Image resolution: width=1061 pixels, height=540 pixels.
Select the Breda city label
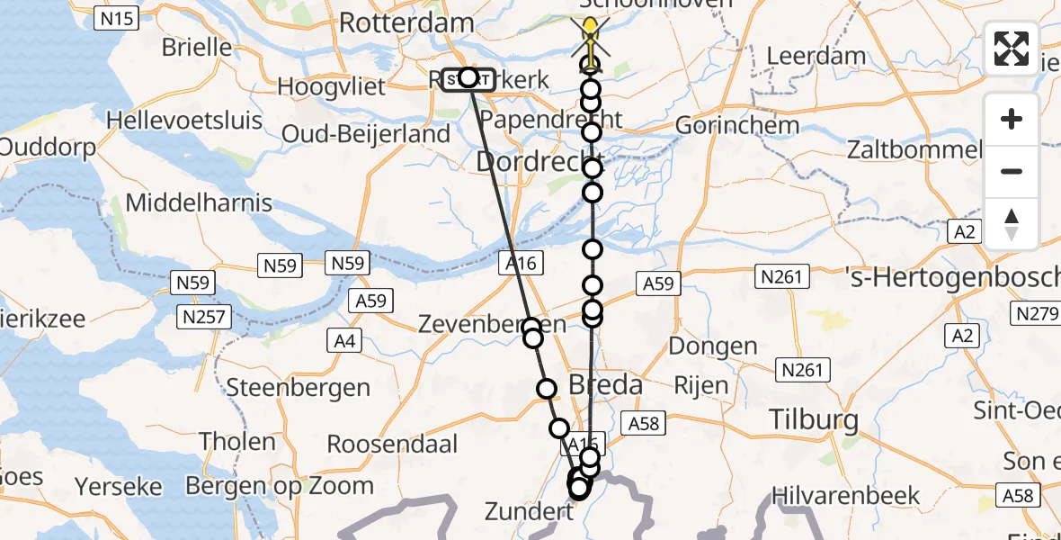click(x=605, y=385)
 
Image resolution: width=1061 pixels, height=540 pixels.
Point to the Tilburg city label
click(x=814, y=418)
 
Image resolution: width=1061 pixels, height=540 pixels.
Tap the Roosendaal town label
click(x=392, y=444)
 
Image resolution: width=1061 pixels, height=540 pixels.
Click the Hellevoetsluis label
click(x=184, y=120)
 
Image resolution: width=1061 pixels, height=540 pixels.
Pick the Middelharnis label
click(x=199, y=202)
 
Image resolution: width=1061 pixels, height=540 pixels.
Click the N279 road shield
click(x=1036, y=313)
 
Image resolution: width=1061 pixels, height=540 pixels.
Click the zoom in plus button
click(x=1012, y=119)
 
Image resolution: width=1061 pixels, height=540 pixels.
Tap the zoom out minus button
click(x=1012, y=171)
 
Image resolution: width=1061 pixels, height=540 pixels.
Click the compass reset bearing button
click(x=1012, y=224)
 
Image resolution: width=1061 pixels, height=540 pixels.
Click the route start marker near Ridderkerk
click(x=468, y=78)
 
